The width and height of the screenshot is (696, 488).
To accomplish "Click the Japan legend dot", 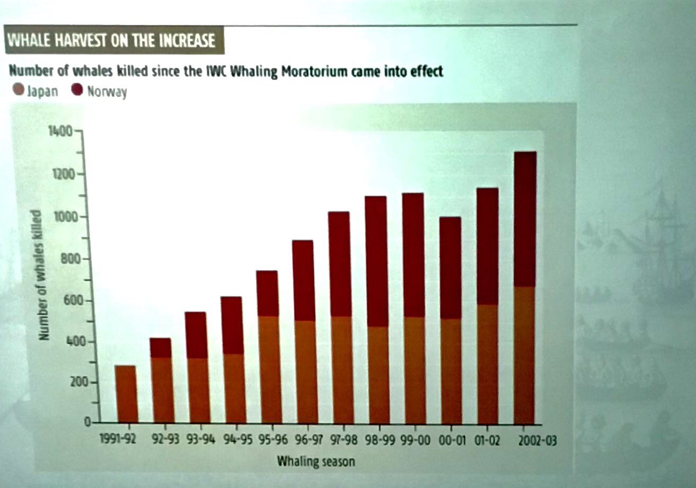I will (x=18, y=91).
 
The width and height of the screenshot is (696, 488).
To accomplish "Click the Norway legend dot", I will (x=78, y=91).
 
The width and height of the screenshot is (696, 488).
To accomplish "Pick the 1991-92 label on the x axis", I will (x=118, y=441).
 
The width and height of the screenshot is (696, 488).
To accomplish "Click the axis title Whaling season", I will (x=315, y=461).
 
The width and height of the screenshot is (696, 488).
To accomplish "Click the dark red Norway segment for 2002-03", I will (x=525, y=219).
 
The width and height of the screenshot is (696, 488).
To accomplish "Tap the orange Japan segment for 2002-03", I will (x=525, y=355).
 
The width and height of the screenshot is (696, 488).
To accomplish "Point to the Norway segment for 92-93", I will (x=160, y=348).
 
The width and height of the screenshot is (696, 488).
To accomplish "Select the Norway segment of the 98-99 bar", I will (x=376, y=261).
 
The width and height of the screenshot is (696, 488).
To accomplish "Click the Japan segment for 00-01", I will (x=450, y=371).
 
